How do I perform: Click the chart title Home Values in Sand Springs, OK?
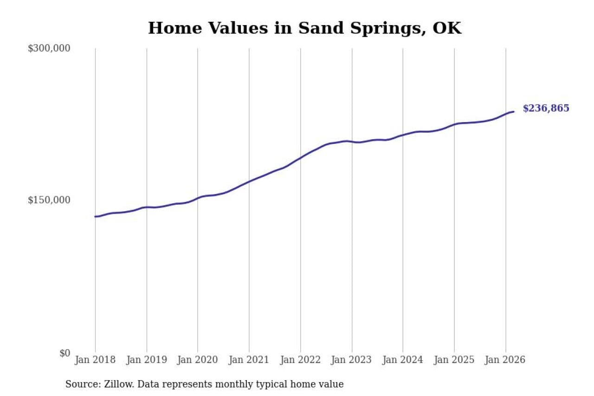[304, 28]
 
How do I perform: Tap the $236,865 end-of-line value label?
[546, 109]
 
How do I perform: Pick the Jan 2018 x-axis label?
[96, 360]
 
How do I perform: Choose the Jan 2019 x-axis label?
[147, 360]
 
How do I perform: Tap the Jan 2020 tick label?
[198, 360]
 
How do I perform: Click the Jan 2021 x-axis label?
[249, 360]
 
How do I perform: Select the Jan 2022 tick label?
[300, 360]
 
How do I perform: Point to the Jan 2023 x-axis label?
[352, 360]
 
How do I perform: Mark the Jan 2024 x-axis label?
[403, 360]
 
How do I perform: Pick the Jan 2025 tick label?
[454, 360]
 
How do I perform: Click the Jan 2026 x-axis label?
[505, 360]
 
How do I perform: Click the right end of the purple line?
[513, 111]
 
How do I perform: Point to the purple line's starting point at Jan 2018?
[96, 216]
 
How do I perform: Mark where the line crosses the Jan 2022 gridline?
[300, 158]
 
